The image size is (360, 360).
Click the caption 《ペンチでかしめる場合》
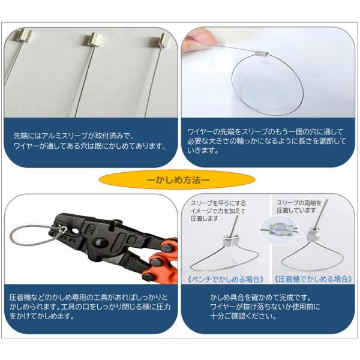coord(226,279)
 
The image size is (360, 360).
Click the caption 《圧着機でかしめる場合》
coord(313,279)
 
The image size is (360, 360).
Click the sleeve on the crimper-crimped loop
coord(312,233)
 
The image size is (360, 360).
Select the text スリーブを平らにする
coord(216,203)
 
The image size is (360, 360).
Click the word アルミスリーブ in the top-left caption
coord(72,137)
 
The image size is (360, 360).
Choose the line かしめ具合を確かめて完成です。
coord(260,298)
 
